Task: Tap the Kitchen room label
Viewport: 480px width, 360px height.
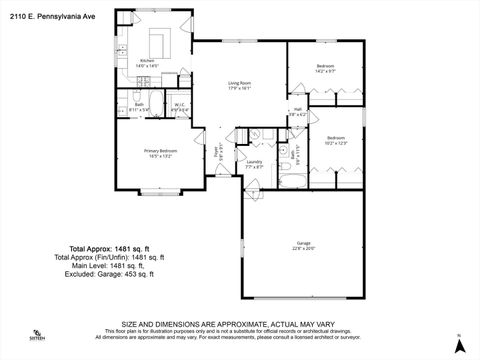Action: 148,63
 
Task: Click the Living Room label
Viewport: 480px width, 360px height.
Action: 238,85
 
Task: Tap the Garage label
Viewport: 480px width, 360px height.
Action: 303,246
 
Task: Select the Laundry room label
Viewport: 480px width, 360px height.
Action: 254,163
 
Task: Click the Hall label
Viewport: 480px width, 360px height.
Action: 297,111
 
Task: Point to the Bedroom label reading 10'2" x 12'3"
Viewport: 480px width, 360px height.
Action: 335,141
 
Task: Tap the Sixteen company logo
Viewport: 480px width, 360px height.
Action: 38,336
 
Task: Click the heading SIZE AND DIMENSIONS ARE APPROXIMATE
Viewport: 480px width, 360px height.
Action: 239,324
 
